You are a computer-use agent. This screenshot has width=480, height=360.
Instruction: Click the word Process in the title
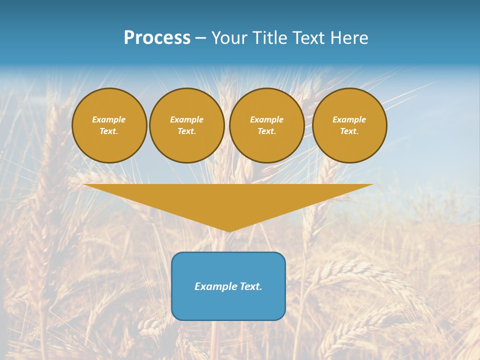click(x=157, y=38)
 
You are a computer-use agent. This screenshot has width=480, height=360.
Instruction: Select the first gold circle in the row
click(x=109, y=125)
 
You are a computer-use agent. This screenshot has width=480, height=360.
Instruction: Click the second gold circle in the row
click(x=187, y=125)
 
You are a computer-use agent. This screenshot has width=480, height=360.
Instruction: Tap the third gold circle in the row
click(x=267, y=125)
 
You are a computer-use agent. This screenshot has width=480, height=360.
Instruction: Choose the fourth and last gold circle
click(x=349, y=125)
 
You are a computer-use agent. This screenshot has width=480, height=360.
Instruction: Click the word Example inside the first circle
click(x=109, y=119)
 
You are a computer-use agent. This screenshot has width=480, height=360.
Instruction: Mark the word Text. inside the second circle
click(x=187, y=131)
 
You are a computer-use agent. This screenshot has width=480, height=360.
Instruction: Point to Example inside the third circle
click(x=267, y=119)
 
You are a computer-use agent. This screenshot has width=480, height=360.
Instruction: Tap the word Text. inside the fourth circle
click(x=349, y=131)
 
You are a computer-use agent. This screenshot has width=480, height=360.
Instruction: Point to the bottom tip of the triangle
click(x=229, y=230)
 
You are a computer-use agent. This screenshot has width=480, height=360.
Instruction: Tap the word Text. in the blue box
click(x=250, y=286)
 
